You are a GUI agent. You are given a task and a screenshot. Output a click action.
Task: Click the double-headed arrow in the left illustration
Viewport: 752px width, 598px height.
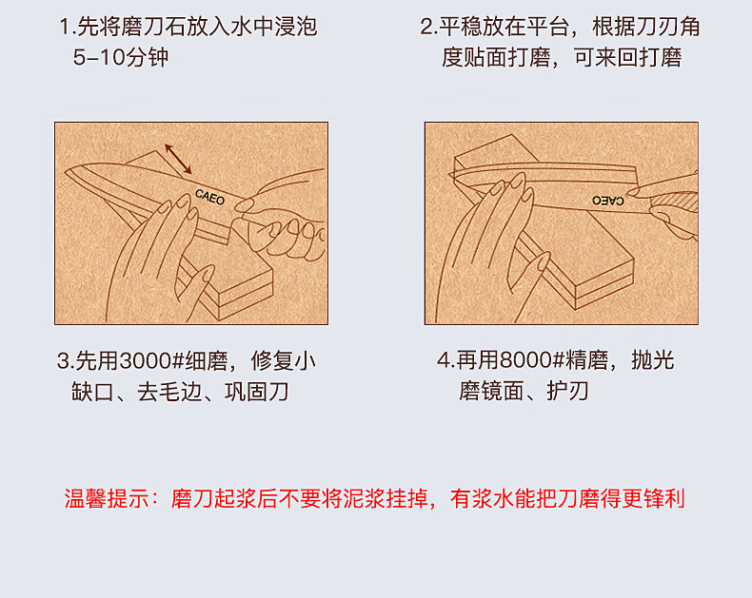(178, 159)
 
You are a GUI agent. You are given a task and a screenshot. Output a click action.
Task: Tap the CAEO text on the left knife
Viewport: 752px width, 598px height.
(210, 197)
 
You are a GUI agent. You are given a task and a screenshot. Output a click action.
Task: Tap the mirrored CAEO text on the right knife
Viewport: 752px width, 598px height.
(608, 201)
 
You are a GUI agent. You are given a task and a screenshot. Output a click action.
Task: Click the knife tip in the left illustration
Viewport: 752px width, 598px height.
(66, 171)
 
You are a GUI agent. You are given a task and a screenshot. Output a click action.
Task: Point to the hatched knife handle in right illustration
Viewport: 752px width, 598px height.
(676, 202)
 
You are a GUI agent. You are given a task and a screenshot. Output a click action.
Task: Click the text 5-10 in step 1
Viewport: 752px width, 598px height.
(99, 57)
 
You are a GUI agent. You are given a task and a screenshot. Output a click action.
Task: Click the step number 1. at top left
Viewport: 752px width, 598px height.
(68, 27)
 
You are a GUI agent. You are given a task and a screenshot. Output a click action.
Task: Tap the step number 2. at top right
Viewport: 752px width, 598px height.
(428, 27)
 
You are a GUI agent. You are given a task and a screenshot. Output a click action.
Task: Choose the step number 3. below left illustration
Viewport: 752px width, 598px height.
(66, 361)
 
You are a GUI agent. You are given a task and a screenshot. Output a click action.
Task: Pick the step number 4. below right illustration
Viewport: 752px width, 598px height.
(445, 360)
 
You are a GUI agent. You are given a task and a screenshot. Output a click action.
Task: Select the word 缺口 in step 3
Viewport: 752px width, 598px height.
(93, 392)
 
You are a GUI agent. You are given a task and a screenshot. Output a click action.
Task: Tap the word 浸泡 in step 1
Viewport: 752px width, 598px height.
(296, 27)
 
